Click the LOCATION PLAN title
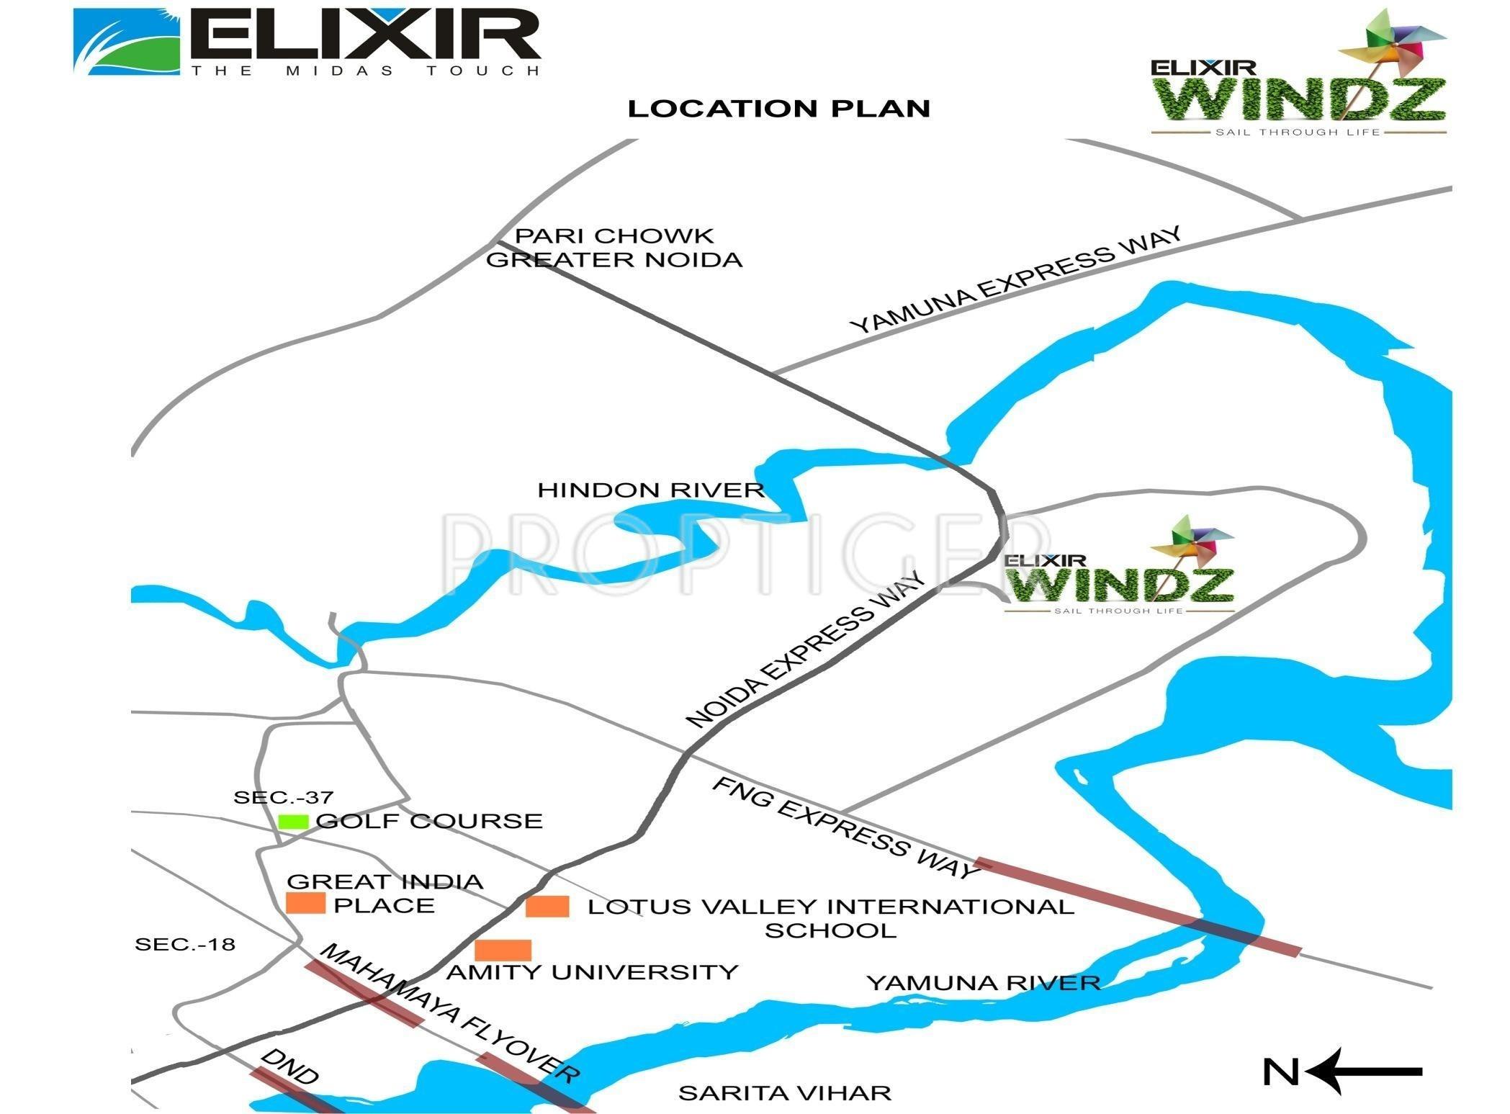779,109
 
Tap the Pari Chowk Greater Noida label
614,248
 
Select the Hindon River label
650,490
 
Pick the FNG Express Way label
846,828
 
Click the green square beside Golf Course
293,821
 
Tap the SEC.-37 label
284,797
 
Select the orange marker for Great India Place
305,903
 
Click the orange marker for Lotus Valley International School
547,907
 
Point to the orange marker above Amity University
503,950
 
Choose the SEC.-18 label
185,944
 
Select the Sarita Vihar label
785,1093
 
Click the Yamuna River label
984,983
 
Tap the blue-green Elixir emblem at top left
127,41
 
